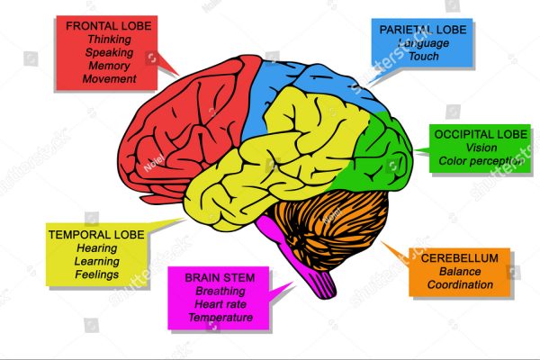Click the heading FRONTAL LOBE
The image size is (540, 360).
point(109,25)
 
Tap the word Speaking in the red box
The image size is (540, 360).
point(109,52)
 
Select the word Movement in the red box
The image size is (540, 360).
point(109,78)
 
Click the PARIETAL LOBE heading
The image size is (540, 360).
point(422,30)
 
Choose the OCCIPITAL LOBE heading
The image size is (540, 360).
point(481,133)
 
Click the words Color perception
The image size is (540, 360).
point(481,161)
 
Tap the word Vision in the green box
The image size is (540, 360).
point(481,148)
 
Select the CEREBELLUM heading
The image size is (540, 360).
point(460,257)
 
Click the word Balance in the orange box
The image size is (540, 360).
point(460,271)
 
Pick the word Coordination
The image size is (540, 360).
point(460,284)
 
